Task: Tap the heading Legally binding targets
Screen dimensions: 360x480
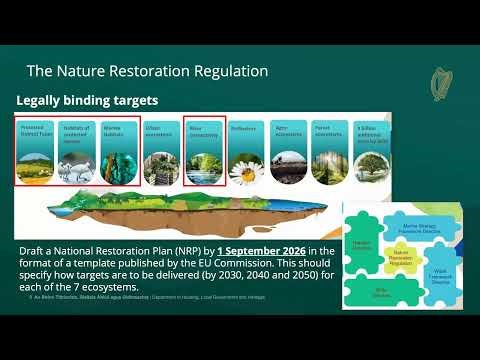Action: (x=87, y=101)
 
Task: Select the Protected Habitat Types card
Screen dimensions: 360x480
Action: (x=39, y=149)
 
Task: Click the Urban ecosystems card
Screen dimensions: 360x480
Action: (x=162, y=150)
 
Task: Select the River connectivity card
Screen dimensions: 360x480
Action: (x=203, y=150)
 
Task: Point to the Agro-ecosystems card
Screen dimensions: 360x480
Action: (x=286, y=150)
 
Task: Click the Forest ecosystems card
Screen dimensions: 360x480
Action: (x=327, y=150)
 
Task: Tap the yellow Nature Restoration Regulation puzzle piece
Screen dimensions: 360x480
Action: (x=399, y=258)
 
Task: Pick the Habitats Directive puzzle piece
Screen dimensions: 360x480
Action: (x=362, y=245)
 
